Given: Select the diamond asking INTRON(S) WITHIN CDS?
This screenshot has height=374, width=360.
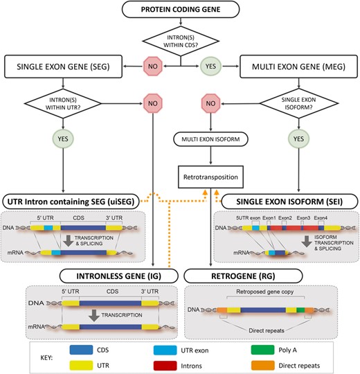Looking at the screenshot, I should pyautogui.click(x=179, y=43).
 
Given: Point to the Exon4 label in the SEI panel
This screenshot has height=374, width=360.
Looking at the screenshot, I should pyautogui.click(x=320, y=218).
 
